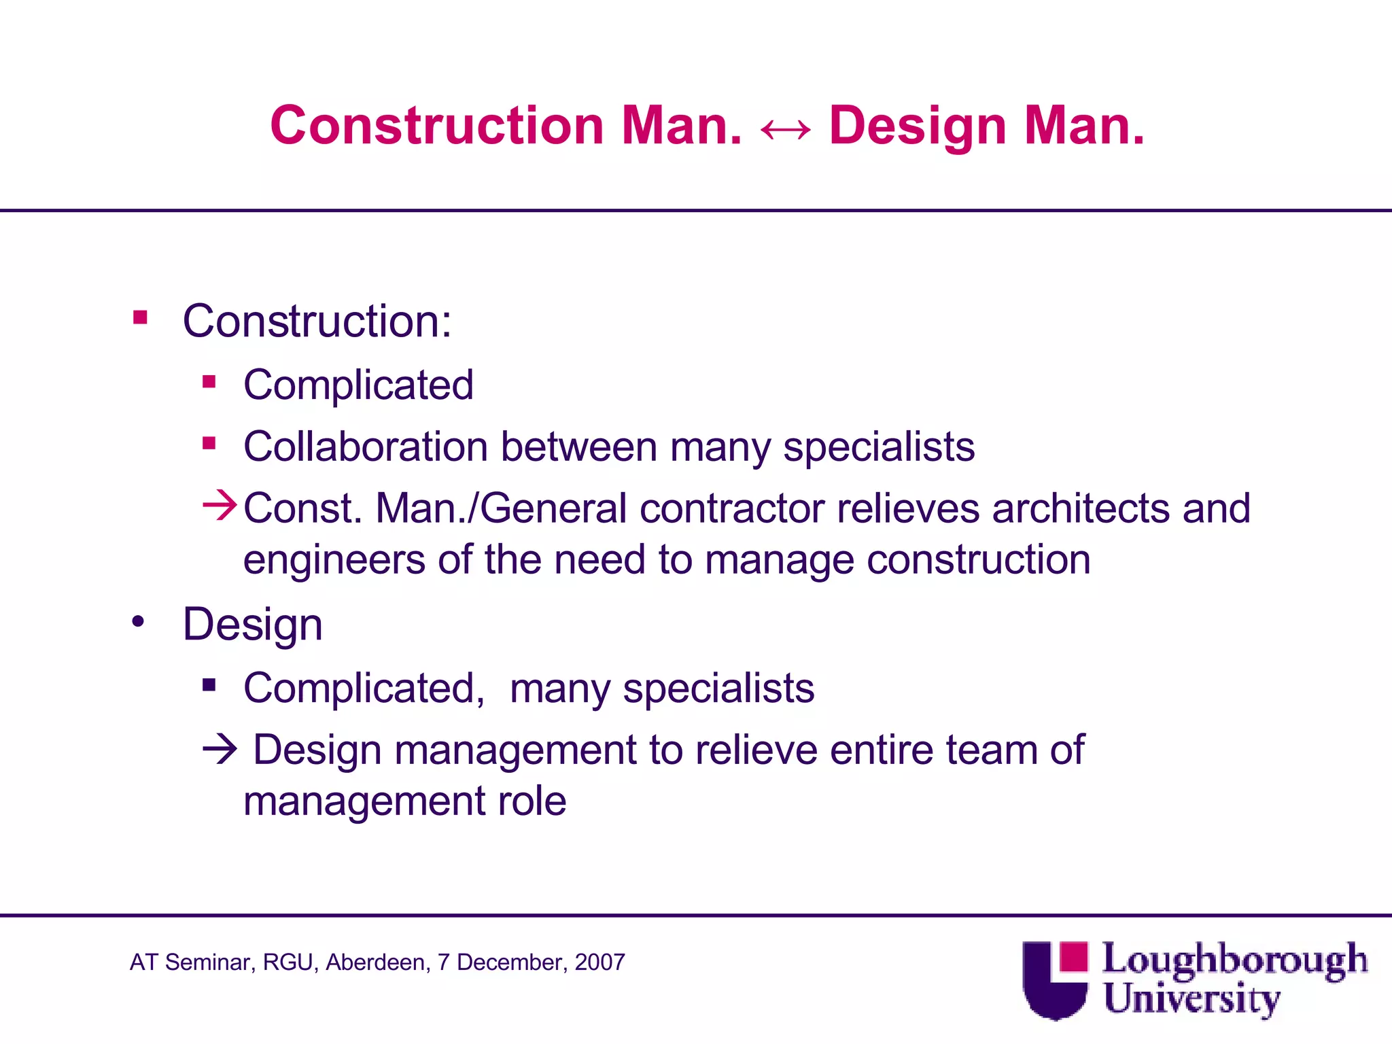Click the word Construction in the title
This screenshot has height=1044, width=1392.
[x=437, y=126]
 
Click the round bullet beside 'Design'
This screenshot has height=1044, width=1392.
[x=139, y=621]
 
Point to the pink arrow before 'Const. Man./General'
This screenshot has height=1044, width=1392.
[x=220, y=506]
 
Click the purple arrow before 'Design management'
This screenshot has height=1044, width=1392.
[x=220, y=750]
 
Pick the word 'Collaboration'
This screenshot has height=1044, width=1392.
[x=366, y=447]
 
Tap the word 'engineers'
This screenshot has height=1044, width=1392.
[x=334, y=561]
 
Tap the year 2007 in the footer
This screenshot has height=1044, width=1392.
[x=599, y=962]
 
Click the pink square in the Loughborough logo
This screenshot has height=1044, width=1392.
[x=1073, y=956]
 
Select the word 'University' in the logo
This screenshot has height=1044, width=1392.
[x=1191, y=999]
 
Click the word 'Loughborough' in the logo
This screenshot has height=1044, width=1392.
[x=1234, y=960]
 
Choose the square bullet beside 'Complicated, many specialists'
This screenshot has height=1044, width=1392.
[x=209, y=685]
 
